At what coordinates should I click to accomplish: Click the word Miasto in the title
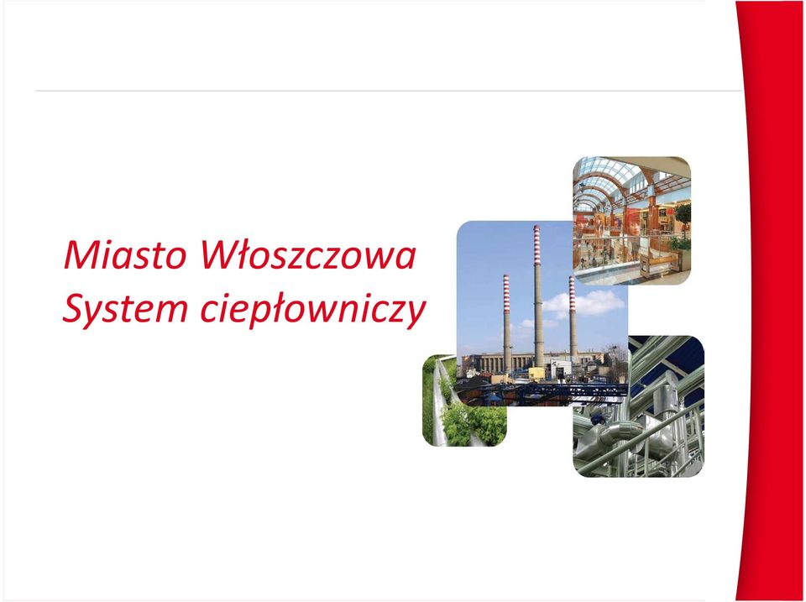pyautogui.click(x=124, y=255)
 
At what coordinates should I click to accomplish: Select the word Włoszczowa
pyautogui.click(x=307, y=254)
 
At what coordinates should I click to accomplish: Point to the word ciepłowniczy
pyautogui.click(x=313, y=310)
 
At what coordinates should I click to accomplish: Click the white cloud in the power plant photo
pyautogui.click(x=586, y=303)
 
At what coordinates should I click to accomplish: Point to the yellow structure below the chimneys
pyautogui.click(x=536, y=374)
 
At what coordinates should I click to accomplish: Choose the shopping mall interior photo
pyautogui.click(x=631, y=221)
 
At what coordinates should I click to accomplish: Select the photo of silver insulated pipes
pyautogui.click(x=639, y=406)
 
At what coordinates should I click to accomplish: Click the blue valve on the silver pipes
pyautogui.click(x=598, y=420)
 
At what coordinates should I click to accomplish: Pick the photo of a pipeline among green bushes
pyautogui.click(x=463, y=400)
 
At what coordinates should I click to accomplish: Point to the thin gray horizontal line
pyautogui.click(x=389, y=91)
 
